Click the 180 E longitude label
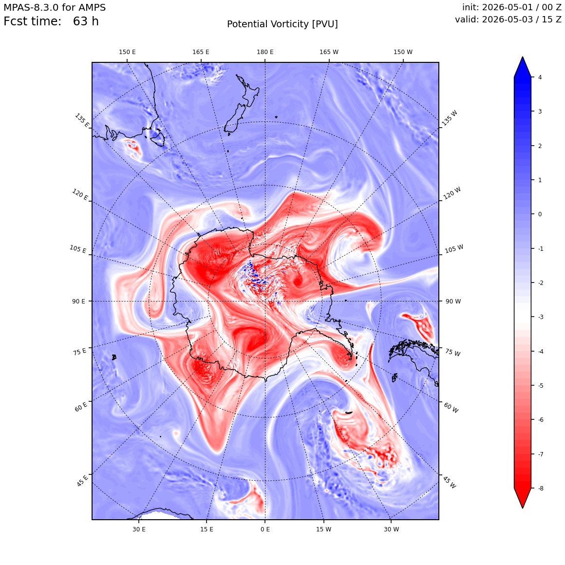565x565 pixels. pyautogui.click(x=265, y=52)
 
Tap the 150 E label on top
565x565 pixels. pyautogui.click(x=127, y=52)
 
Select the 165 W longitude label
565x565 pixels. pyautogui.click(x=329, y=52)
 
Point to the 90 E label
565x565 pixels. pyautogui.click(x=78, y=301)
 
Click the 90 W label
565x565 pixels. pyautogui.click(x=453, y=301)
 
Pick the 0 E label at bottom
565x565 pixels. pyautogui.click(x=265, y=529)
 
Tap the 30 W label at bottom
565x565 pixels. pyautogui.click(x=391, y=529)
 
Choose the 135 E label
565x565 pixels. pyautogui.click(x=82, y=120)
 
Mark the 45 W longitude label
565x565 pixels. pyautogui.click(x=450, y=482)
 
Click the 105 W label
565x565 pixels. pyautogui.click(x=454, y=249)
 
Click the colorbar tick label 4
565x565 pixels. pyautogui.click(x=540, y=77)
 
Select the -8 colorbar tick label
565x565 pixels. pyautogui.click(x=541, y=488)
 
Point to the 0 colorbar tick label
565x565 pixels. pyautogui.click(x=540, y=214)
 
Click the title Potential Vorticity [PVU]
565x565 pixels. pyautogui.click(x=282, y=24)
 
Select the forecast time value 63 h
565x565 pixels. pyautogui.click(x=86, y=21)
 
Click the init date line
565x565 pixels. pyautogui.click(x=512, y=8)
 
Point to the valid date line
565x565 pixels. pyautogui.click(x=508, y=19)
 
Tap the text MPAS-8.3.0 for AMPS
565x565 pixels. pyautogui.click(x=55, y=8)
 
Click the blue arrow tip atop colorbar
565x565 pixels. pyautogui.click(x=523, y=57)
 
